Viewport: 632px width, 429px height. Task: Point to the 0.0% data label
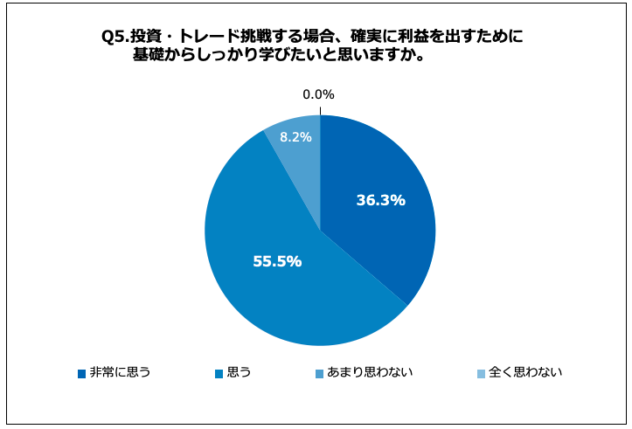click(318, 94)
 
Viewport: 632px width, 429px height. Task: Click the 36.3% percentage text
click(380, 200)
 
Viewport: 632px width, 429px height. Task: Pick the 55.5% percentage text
click(277, 260)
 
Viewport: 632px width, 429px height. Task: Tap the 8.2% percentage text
click(295, 136)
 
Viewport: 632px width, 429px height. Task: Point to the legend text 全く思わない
click(525, 373)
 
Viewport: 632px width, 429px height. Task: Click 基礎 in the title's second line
click(146, 54)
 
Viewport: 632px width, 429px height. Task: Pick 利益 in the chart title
click(415, 37)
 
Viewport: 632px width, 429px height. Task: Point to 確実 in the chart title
click(366, 37)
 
